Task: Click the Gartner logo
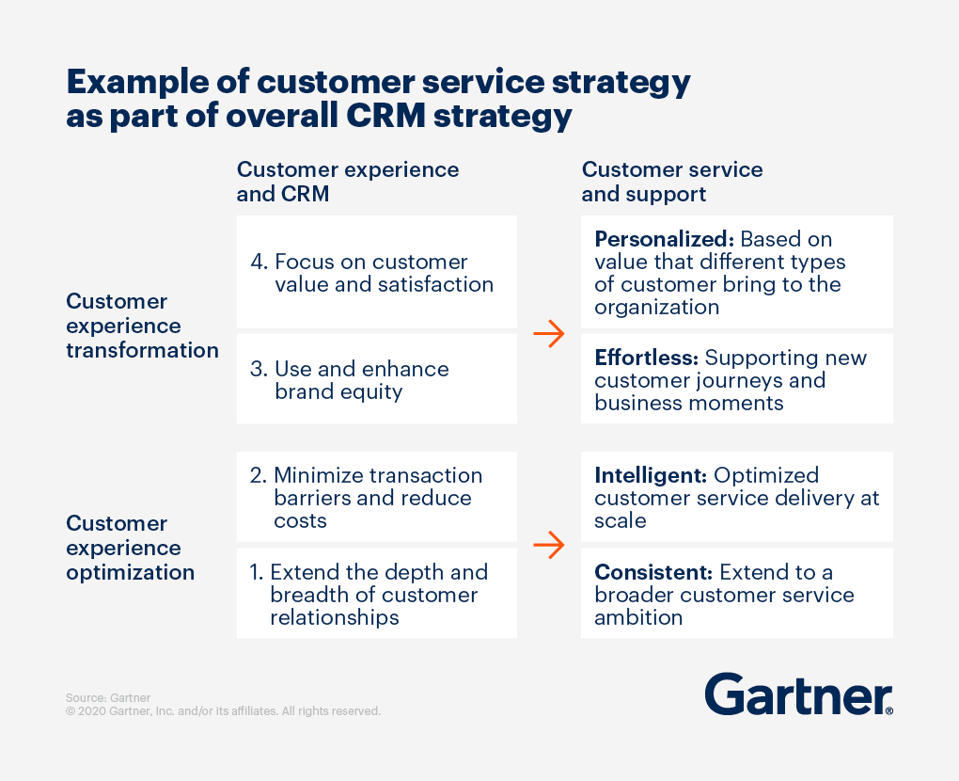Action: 798,694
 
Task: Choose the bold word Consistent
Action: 652,572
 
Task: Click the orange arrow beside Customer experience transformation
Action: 548,333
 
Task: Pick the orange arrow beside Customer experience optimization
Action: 548,544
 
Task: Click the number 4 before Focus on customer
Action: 258,262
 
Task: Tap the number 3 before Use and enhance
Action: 258,369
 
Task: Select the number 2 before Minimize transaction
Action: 258,475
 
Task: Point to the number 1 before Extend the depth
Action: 255,572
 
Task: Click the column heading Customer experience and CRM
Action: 348,182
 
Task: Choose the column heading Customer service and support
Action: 672,182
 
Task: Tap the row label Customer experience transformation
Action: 142,326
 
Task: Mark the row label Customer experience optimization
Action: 131,548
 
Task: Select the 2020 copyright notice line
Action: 223,711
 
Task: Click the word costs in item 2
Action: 300,520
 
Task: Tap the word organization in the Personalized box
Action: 656,307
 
